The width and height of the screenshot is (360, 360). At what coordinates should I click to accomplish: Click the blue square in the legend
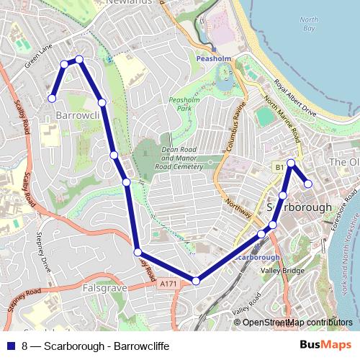[x=11, y=346]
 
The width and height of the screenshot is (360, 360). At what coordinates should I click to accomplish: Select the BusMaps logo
[x=330, y=345]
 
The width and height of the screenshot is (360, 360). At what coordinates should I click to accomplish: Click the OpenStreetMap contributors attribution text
[x=297, y=323]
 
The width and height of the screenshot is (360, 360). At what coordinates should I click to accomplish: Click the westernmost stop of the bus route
[x=52, y=99]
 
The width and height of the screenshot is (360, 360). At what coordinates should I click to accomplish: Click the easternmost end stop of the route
[x=308, y=184]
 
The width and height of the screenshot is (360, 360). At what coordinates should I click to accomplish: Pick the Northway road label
[x=237, y=209]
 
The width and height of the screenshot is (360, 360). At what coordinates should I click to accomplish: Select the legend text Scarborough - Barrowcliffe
[x=106, y=346]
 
